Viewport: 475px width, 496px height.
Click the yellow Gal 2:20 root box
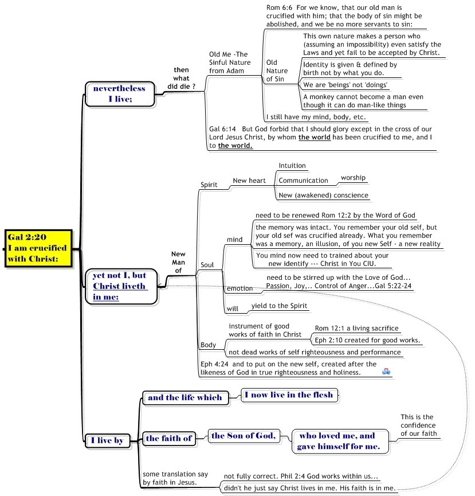pos(39,248)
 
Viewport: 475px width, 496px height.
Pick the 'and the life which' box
pos(184,397)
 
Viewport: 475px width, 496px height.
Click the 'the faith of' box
pos(168,439)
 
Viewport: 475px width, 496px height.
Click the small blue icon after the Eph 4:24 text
pos(387,371)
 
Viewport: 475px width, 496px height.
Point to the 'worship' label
pos(353,178)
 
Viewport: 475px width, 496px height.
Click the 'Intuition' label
pos(292,166)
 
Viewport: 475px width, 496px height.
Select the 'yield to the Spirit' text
pos(280,306)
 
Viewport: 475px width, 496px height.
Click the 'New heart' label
pos(249,181)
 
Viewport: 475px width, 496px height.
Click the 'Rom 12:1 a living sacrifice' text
pos(356,329)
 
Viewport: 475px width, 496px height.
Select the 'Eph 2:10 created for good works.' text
pos(367,340)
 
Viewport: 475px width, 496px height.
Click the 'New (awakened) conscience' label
pos(323,196)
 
